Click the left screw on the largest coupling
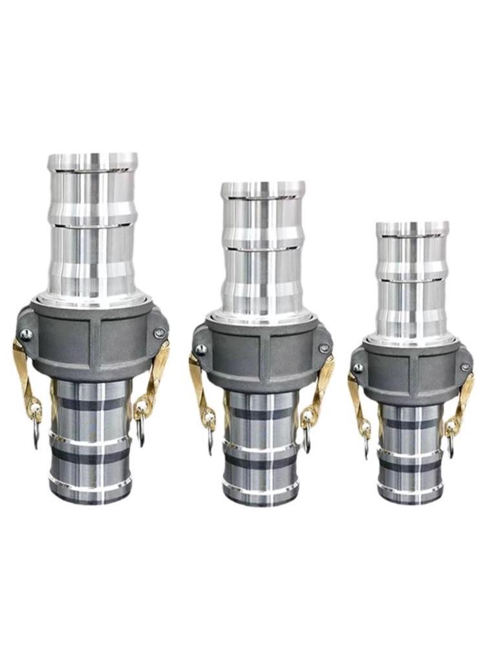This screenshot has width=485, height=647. pos(26,334)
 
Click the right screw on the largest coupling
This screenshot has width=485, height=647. pos(160,333)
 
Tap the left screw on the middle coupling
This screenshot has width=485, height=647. pos(201,349)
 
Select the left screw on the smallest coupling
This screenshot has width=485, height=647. pos(358,368)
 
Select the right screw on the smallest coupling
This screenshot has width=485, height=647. pos(465,367)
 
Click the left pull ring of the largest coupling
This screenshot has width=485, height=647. pos(34,435)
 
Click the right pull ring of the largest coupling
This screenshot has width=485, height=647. pos(142,432)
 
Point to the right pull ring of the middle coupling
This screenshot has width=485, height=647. pos(306,440)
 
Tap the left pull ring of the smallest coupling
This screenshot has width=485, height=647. pos(365,445)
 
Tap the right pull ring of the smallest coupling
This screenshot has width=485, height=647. pos(450,444)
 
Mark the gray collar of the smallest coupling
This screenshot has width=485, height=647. pos(411,369)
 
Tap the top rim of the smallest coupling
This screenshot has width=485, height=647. pos(412,226)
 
